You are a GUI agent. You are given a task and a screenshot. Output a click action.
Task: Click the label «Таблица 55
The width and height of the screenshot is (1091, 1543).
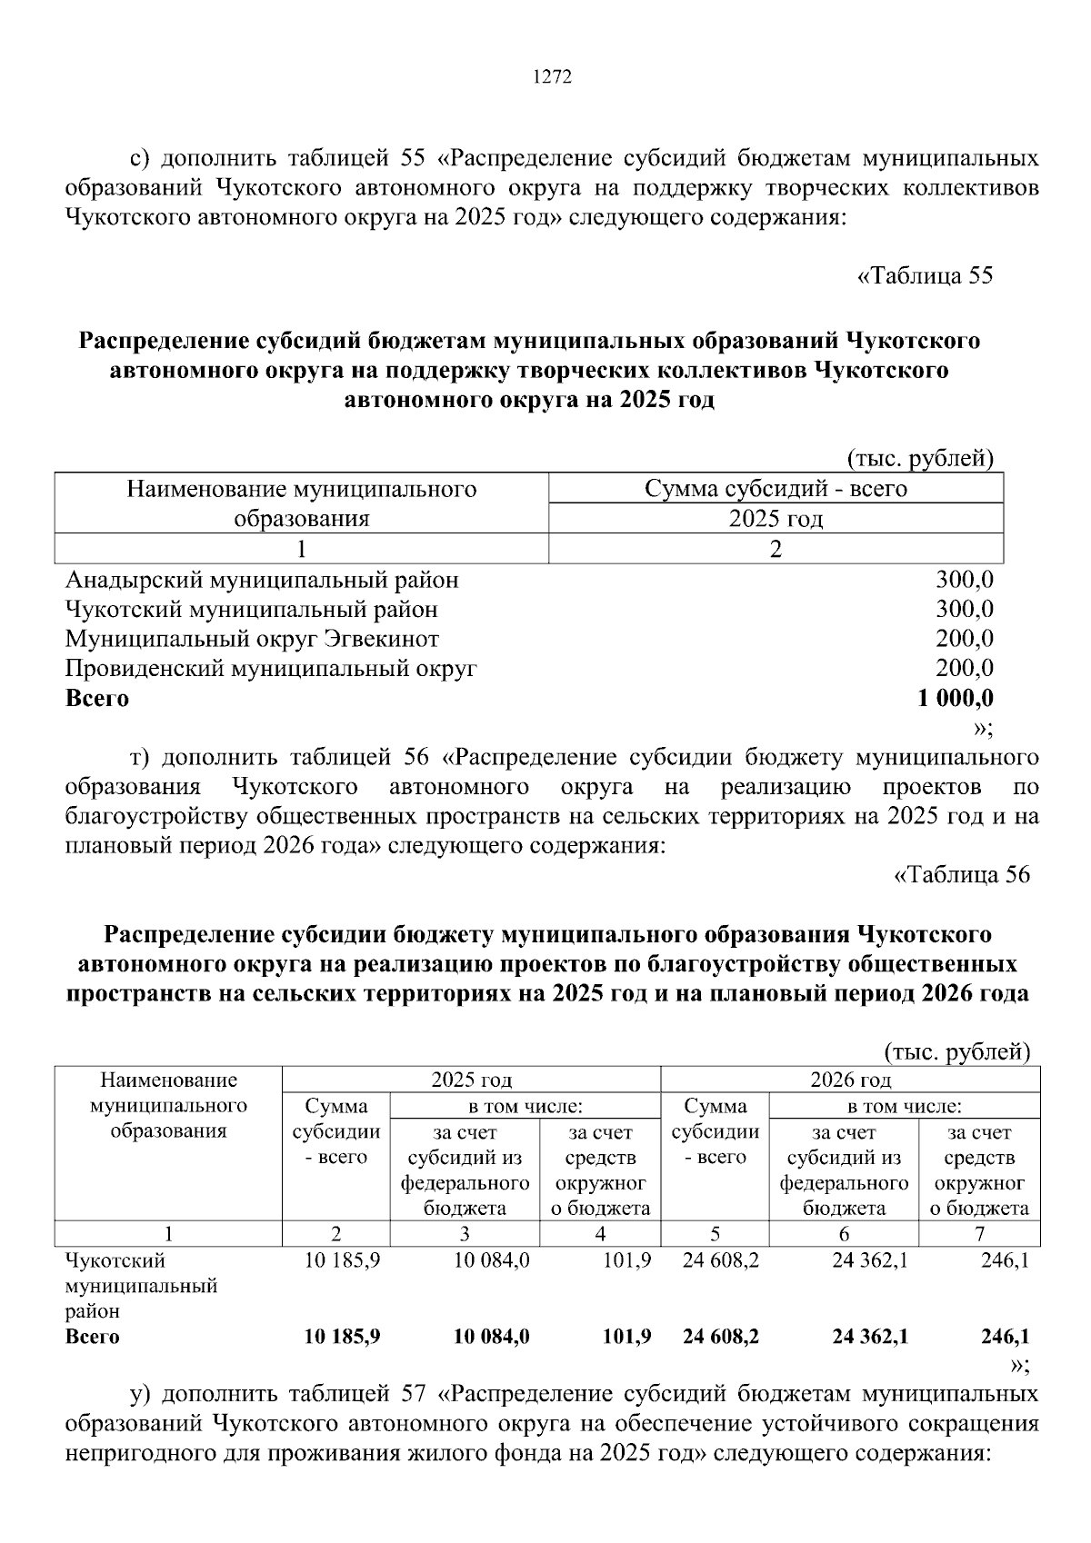tap(926, 275)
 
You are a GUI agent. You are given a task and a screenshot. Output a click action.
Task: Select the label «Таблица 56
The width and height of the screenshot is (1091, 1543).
tap(963, 874)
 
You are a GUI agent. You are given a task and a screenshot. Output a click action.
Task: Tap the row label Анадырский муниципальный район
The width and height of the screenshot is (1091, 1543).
tap(262, 580)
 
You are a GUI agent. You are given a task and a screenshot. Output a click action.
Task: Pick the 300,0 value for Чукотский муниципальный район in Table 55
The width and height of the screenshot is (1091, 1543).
tap(965, 609)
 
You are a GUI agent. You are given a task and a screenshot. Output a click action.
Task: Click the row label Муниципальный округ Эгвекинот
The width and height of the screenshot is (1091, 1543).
tap(252, 639)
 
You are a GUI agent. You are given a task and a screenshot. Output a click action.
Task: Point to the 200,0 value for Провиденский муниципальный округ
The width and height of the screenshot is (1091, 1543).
tap(965, 669)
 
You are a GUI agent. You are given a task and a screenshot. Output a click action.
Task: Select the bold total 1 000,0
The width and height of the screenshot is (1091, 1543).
tap(956, 699)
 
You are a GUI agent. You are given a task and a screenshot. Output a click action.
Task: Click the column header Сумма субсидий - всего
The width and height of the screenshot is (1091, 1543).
tap(776, 489)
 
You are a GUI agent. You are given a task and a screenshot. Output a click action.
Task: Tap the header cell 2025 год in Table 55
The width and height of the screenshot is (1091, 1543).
tap(776, 519)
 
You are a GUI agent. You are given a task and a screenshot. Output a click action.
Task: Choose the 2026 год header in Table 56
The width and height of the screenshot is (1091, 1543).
tap(850, 1080)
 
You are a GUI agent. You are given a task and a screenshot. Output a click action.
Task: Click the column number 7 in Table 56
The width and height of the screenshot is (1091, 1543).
tap(979, 1234)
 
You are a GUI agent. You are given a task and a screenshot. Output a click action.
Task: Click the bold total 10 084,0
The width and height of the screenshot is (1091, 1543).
tap(491, 1337)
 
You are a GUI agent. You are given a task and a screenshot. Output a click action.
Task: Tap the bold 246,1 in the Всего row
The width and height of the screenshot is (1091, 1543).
tap(1005, 1337)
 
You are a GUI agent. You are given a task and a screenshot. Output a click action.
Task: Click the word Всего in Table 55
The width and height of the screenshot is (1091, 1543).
tap(97, 699)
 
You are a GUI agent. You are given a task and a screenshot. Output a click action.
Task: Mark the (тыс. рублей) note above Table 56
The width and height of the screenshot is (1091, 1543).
tap(957, 1052)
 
